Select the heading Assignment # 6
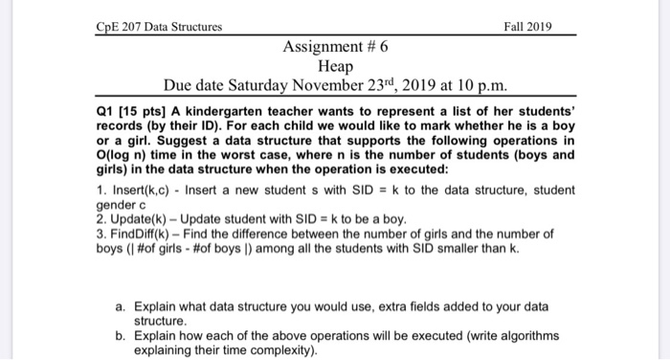click(x=336, y=45)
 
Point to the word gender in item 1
click(x=118, y=204)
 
